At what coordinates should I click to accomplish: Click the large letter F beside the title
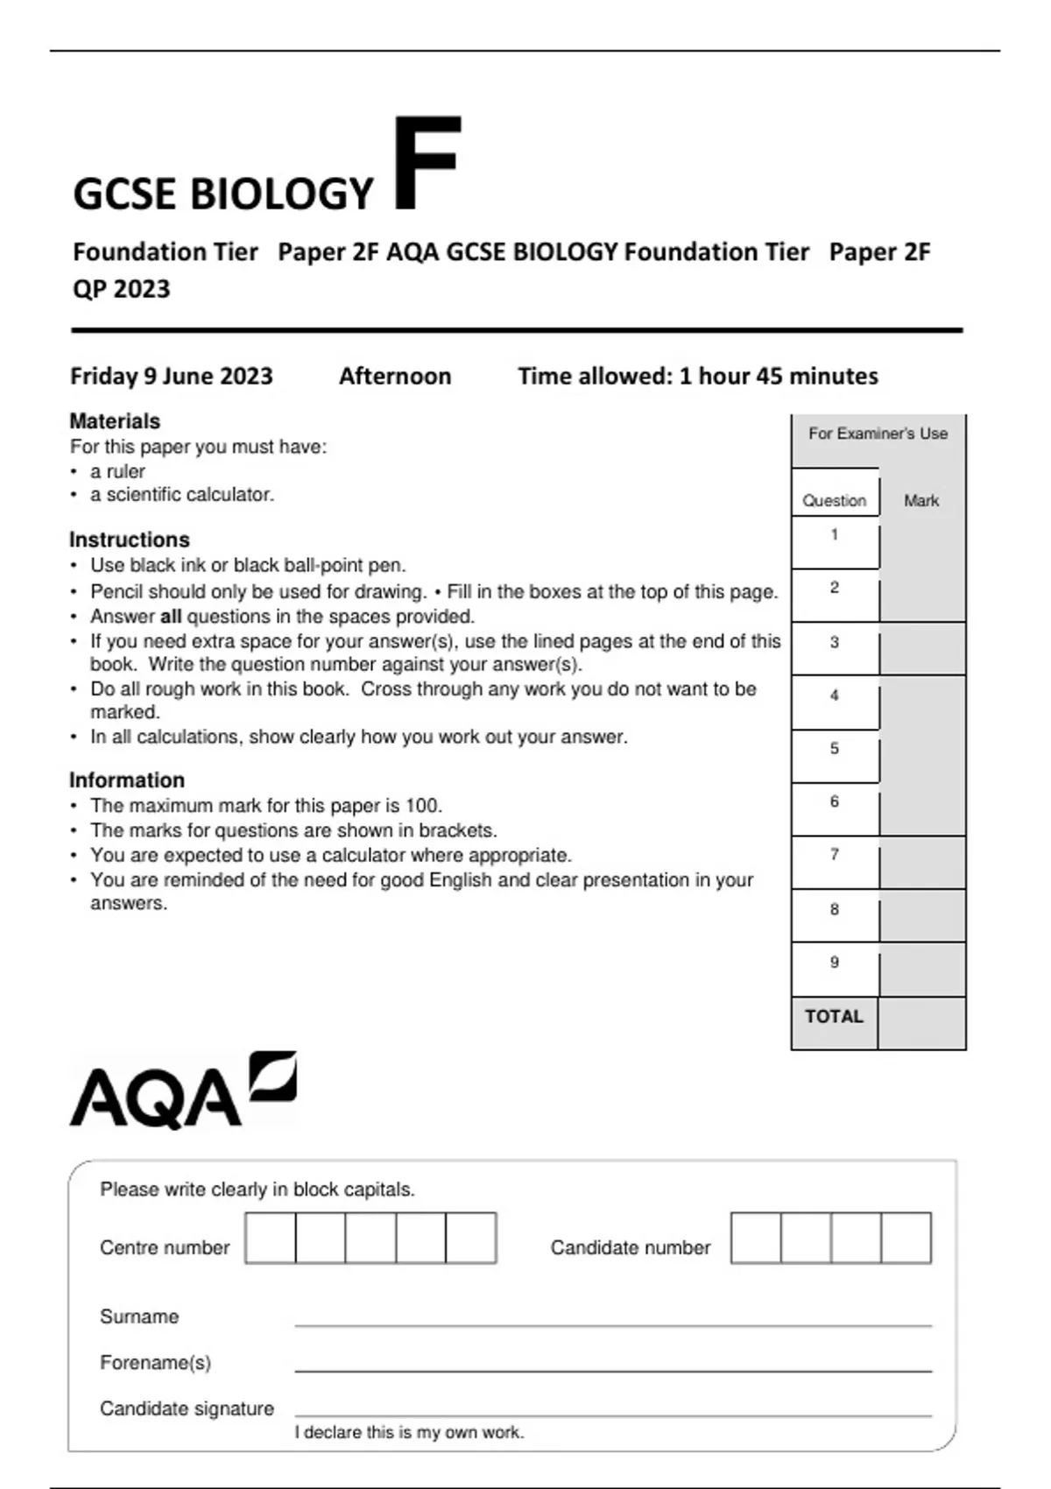tap(427, 163)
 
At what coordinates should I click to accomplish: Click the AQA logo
tap(183, 1090)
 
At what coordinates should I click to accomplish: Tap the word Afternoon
tap(395, 376)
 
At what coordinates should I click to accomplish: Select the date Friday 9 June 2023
tap(172, 376)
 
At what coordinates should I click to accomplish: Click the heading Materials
tap(115, 421)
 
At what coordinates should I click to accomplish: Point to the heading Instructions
tap(130, 540)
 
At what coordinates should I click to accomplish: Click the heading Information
tap(127, 780)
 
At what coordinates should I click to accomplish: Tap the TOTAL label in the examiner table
tap(834, 1016)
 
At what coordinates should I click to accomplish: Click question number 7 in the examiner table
tap(835, 854)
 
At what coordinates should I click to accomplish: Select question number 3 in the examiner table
tap(835, 642)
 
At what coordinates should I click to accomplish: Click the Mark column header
tap(921, 501)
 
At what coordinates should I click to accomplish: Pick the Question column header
tap(835, 501)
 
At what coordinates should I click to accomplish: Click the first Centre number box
tap(271, 1238)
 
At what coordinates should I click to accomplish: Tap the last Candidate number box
tap(906, 1238)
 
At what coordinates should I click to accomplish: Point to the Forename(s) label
tap(156, 1363)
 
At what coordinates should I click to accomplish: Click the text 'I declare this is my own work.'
tap(409, 1432)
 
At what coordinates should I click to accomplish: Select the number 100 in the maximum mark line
tap(423, 806)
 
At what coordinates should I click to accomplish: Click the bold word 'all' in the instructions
tap(171, 617)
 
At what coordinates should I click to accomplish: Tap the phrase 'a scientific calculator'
tap(181, 495)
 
